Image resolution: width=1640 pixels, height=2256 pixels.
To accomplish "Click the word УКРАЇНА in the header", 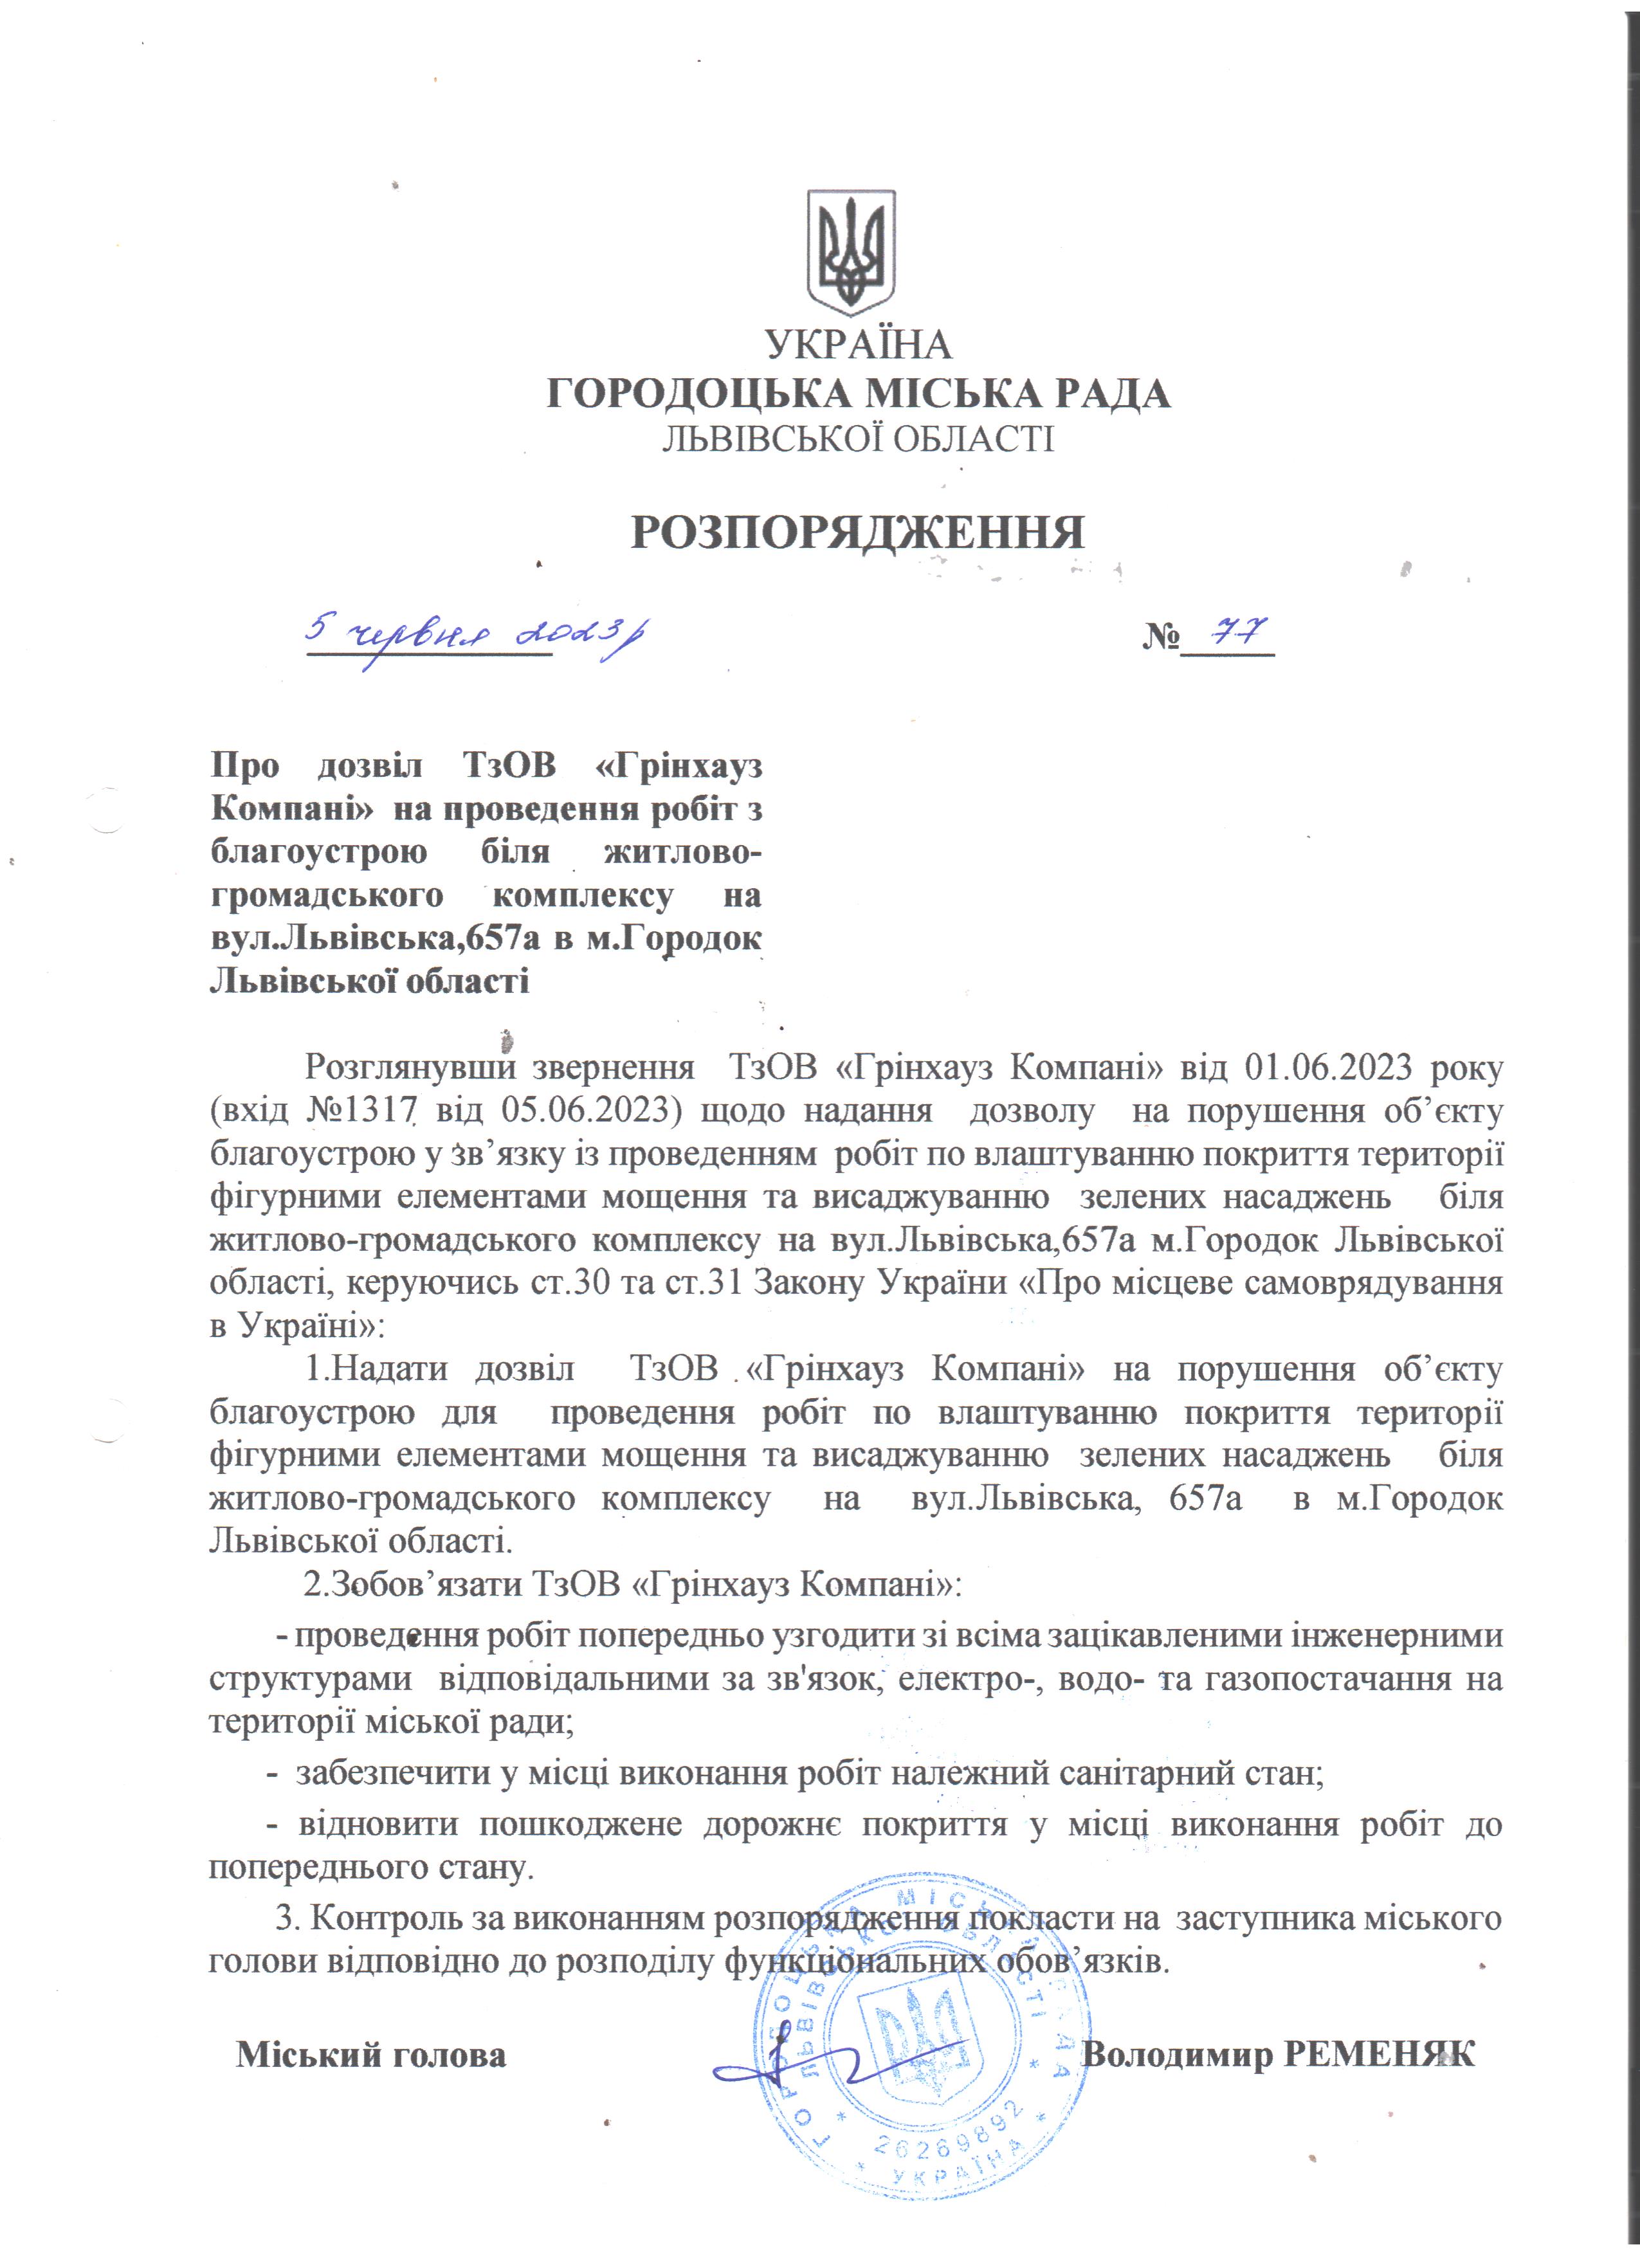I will pos(859,345).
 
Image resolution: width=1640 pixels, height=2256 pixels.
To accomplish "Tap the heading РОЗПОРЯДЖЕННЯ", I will pos(857,533).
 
